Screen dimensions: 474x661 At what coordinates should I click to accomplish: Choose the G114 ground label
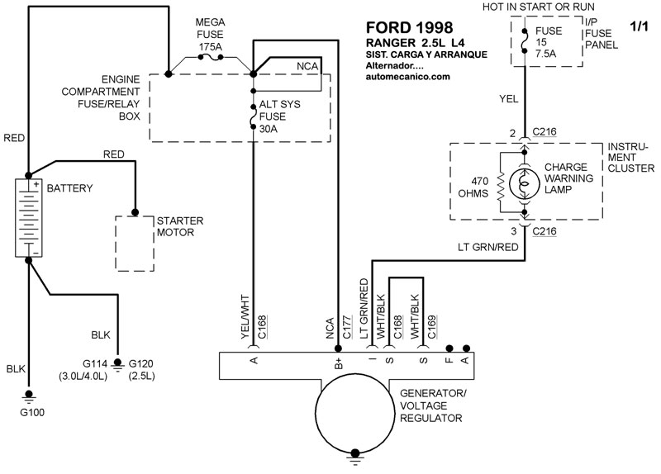pos(83,364)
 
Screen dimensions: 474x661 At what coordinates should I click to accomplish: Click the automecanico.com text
pos(407,77)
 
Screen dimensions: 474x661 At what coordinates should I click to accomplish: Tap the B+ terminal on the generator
pos(337,360)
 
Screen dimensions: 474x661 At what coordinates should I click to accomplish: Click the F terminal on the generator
pos(449,360)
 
